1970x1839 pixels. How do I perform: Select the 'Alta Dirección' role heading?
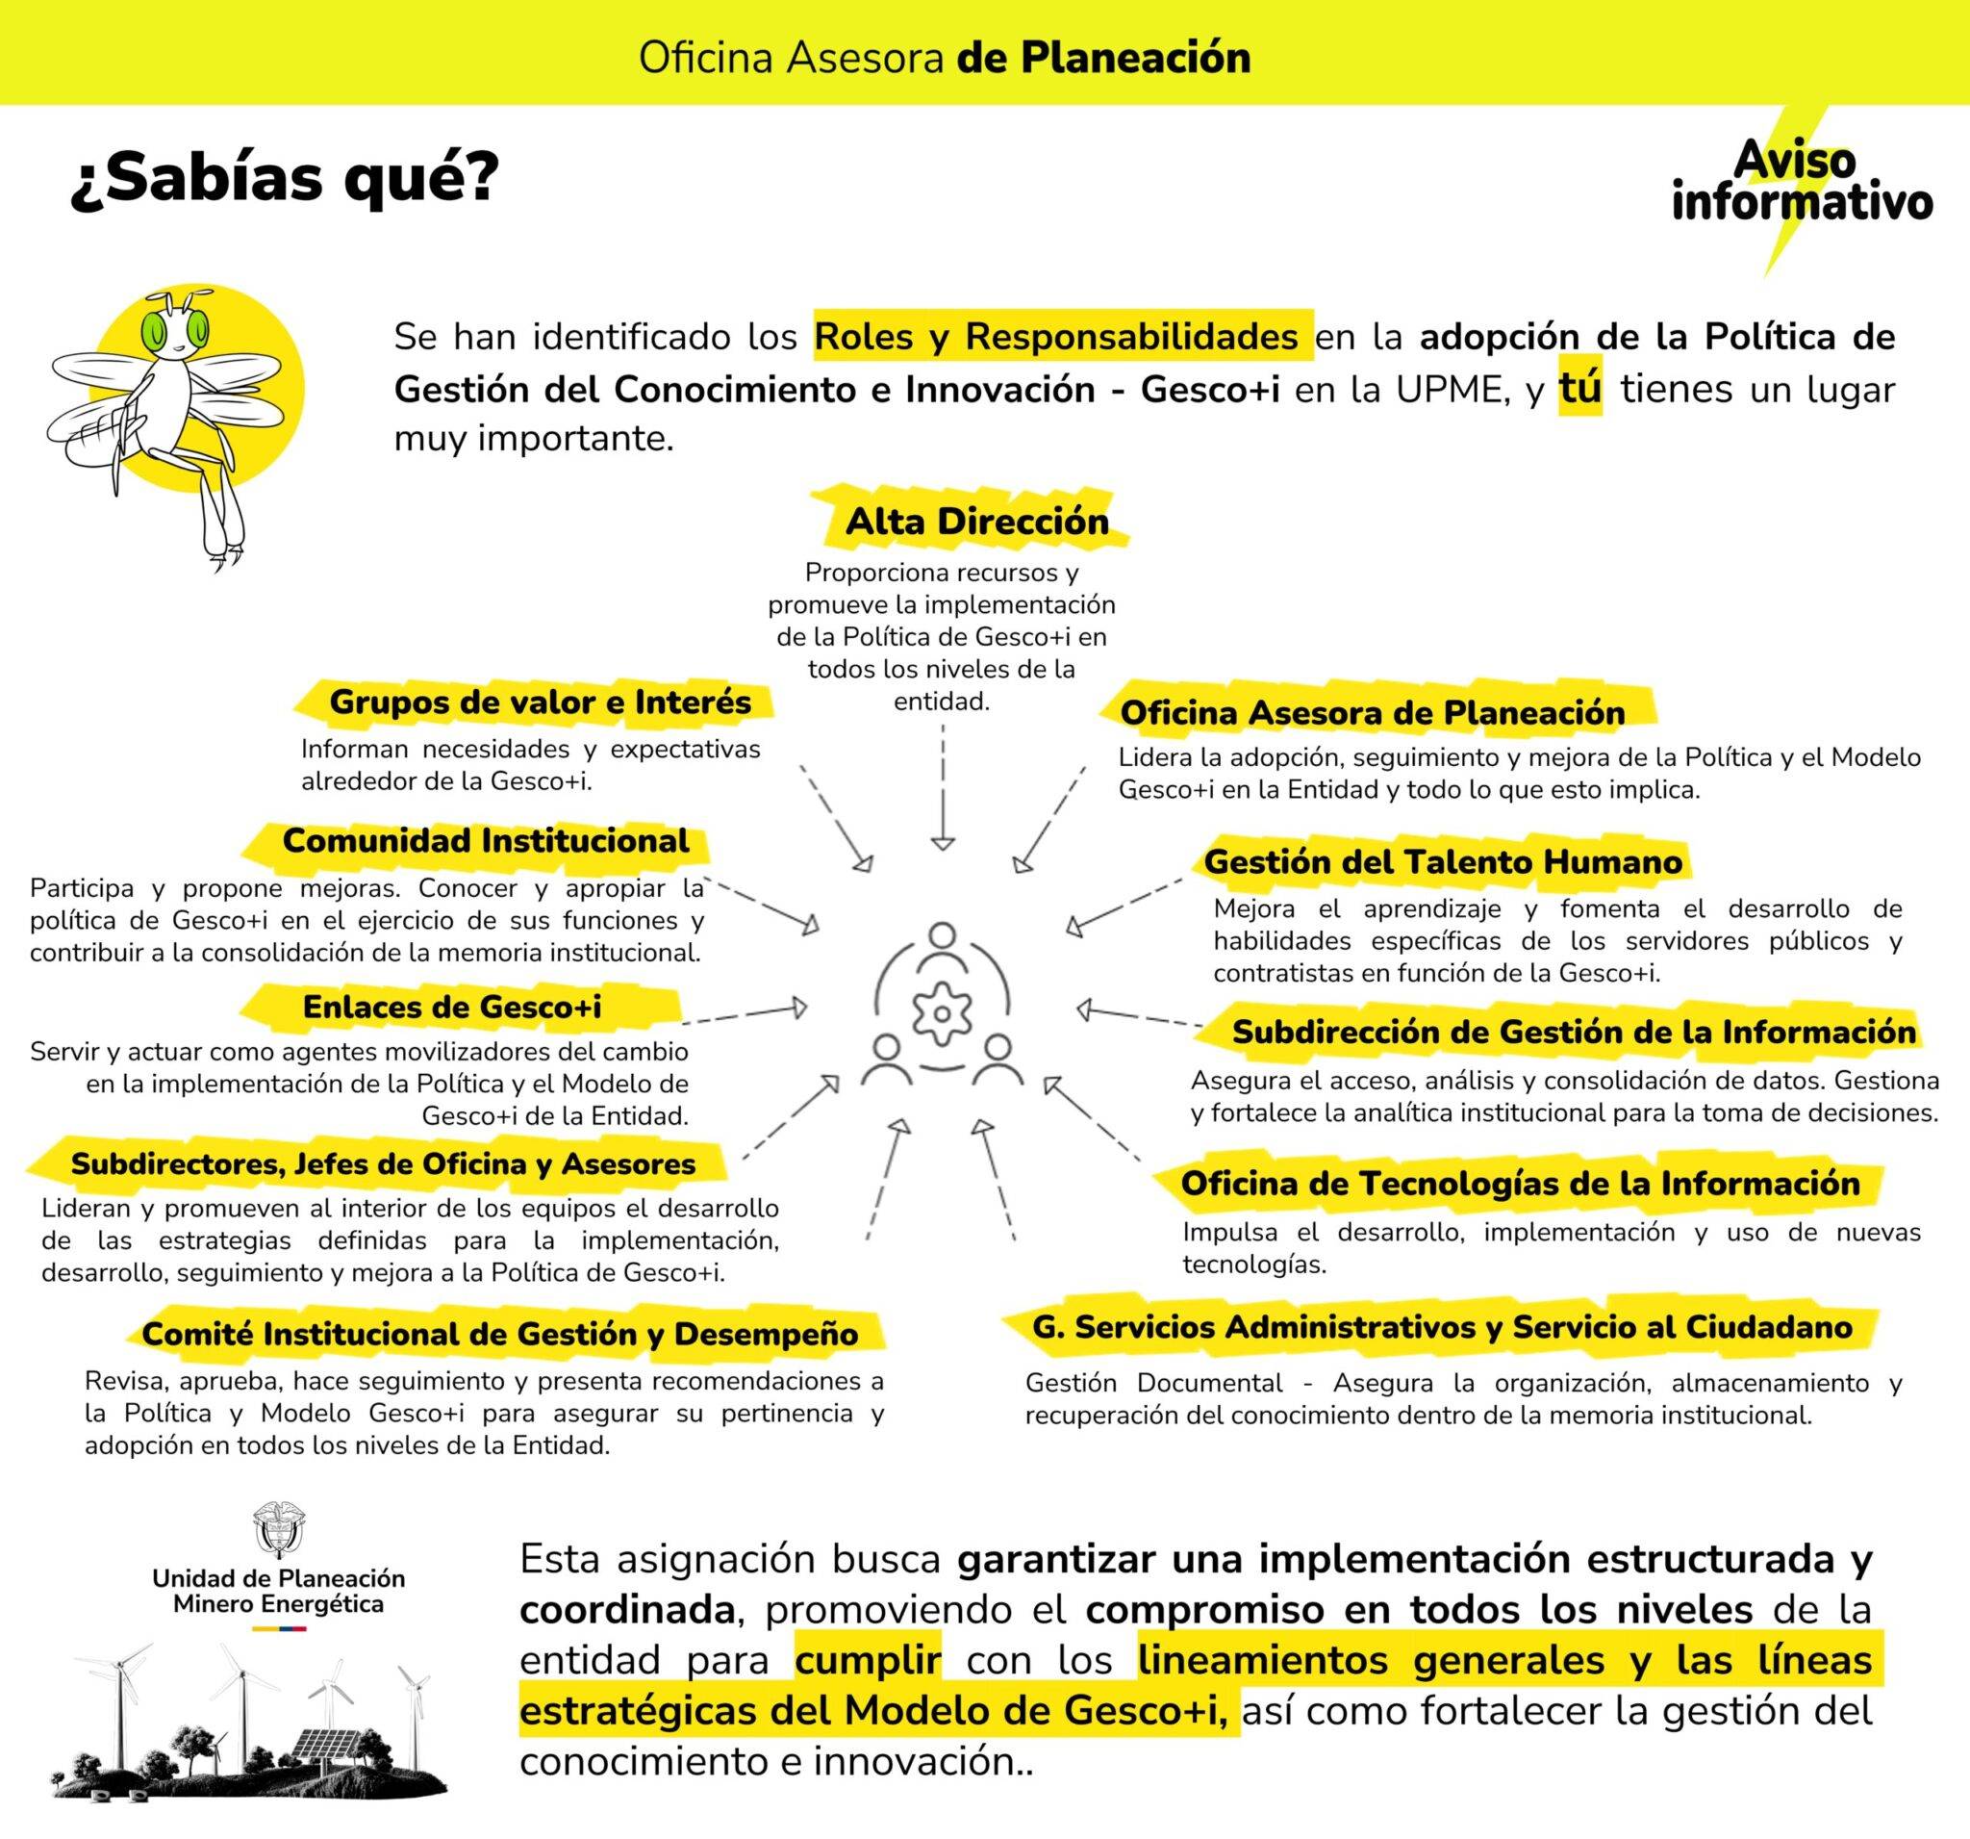point(976,522)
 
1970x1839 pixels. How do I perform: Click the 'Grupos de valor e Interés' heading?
point(540,702)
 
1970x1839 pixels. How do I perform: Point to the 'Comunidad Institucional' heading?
point(486,841)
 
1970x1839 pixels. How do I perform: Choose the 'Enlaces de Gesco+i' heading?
point(452,1008)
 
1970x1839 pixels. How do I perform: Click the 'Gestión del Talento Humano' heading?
point(1443,861)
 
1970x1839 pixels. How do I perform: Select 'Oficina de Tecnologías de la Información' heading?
point(1520,1183)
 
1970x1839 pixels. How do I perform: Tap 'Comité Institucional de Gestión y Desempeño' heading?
point(499,1334)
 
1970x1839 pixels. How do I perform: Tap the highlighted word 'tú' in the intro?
point(1579,389)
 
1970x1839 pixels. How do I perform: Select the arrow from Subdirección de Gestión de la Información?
point(1140,1016)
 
